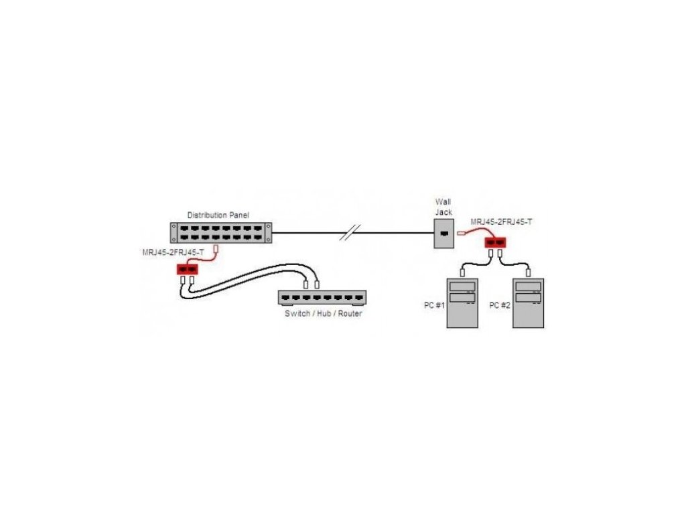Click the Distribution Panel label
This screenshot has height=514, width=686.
coord(219,215)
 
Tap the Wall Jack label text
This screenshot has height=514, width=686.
coord(443,207)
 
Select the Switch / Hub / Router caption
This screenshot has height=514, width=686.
coord(323,313)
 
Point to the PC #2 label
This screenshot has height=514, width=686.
coord(499,305)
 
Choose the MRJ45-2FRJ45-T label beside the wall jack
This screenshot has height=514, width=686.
coord(501,222)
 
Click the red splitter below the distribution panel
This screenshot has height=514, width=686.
coord(188,270)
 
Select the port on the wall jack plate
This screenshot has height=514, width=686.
coord(443,234)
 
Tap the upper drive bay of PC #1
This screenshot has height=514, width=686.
coord(463,286)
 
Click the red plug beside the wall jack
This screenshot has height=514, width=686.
coord(462,234)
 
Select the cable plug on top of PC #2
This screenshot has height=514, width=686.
coord(528,273)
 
